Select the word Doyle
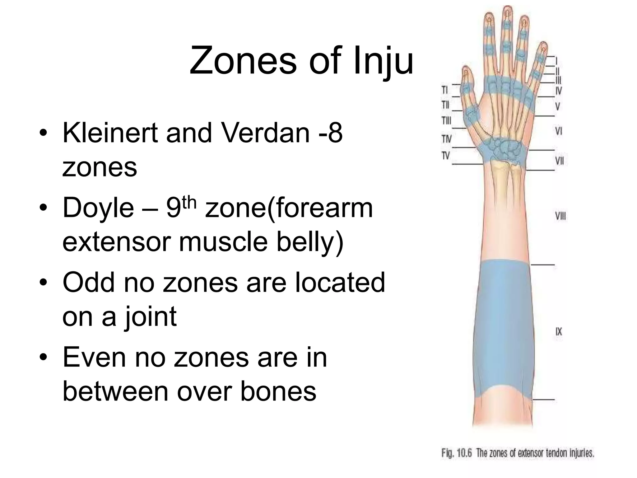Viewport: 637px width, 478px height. [x=98, y=208]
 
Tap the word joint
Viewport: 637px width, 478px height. [x=151, y=316]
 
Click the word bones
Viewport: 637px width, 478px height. [x=278, y=391]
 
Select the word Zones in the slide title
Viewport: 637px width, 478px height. [x=243, y=61]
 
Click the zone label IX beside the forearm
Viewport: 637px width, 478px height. [x=559, y=332]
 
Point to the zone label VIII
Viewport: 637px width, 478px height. [x=560, y=216]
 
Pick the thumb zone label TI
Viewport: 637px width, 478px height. [x=445, y=90]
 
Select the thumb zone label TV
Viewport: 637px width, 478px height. [x=446, y=155]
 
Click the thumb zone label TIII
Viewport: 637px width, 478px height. [x=446, y=120]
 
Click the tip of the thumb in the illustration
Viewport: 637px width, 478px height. [x=466, y=70]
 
